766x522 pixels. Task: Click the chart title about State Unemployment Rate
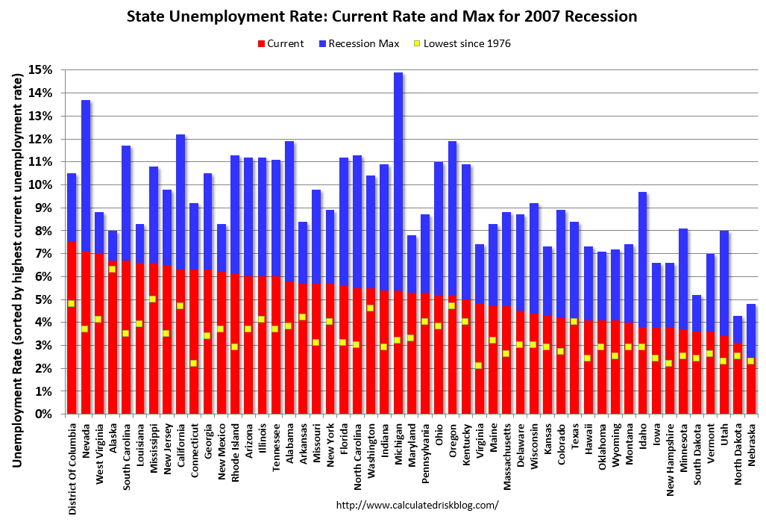click(381, 16)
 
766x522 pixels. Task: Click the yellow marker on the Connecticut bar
click(194, 363)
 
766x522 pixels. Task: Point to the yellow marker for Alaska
click(112, 269)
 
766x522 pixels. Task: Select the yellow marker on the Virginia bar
click(480, 365)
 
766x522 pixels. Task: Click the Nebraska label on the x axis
click(752, 443)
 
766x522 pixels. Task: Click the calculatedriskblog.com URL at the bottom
click(417, 505)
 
